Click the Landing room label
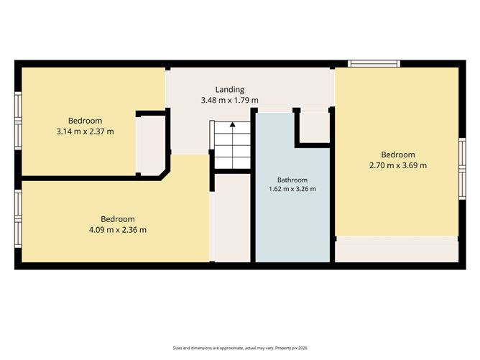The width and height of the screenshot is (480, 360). point(230,90)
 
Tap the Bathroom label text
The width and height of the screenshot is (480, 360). point(292,180)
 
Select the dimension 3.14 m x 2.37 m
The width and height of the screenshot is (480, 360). point(85,131)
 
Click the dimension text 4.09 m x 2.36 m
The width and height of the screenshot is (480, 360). point(118,230)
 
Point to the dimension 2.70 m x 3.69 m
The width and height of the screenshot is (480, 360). point(398,165)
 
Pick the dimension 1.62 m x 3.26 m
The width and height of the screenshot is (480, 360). point(292,189)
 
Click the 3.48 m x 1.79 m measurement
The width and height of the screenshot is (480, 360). point(230,100)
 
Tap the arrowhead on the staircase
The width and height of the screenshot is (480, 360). point(233,124)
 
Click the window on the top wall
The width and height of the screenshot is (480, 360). point(374,64)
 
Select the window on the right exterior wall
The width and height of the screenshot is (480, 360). point(462,169)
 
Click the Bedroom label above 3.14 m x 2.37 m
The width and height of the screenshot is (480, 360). point(85,121)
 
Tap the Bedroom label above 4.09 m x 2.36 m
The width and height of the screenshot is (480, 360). point(118,219)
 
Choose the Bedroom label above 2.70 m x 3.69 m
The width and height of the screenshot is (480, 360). point(398,155)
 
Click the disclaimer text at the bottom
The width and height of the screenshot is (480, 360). point(240,348)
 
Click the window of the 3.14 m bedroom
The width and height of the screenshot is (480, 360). point(18,121)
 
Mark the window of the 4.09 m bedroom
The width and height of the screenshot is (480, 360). point(18,219)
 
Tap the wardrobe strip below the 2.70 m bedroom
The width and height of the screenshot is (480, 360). point(397,249)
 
